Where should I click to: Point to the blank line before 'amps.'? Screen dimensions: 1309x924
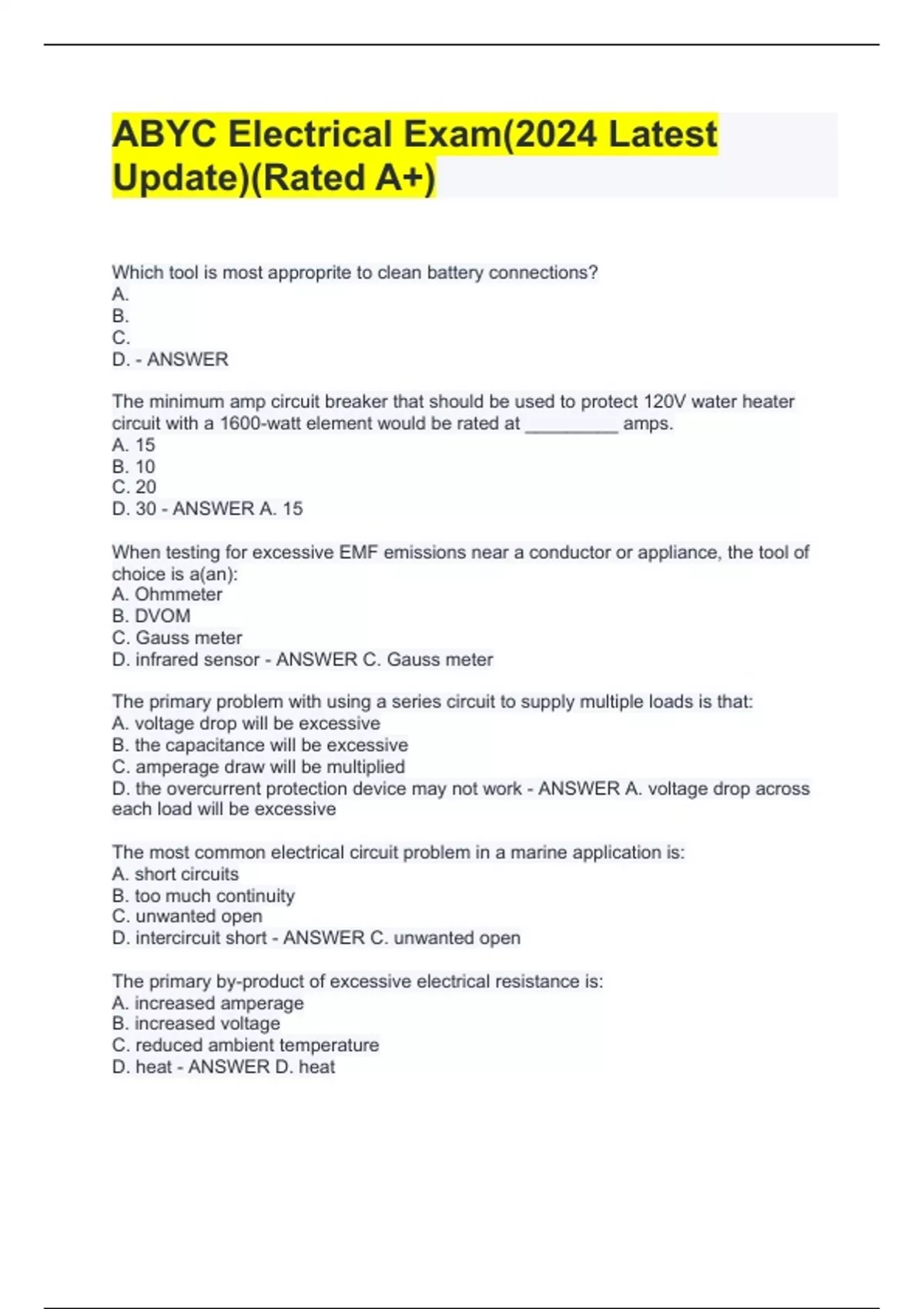(571, 423)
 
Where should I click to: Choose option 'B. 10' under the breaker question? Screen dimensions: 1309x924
(133, 467)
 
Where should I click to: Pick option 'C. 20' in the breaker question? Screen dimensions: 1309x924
(134, 487)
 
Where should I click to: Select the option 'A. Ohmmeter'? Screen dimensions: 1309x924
(167, 594)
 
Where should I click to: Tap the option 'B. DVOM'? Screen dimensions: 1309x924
(151, 616)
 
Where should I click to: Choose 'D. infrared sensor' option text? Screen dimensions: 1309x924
(186, 660)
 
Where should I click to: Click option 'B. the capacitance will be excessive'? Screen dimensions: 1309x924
(259, 745)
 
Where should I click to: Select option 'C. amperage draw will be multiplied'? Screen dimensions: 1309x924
(258, 767)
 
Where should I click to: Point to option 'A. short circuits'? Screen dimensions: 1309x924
(175, 874)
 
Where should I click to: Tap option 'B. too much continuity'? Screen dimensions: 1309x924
(203, 896)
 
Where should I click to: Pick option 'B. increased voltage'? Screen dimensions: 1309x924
(196, 1023)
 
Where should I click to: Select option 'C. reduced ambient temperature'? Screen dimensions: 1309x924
(245, 1045)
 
